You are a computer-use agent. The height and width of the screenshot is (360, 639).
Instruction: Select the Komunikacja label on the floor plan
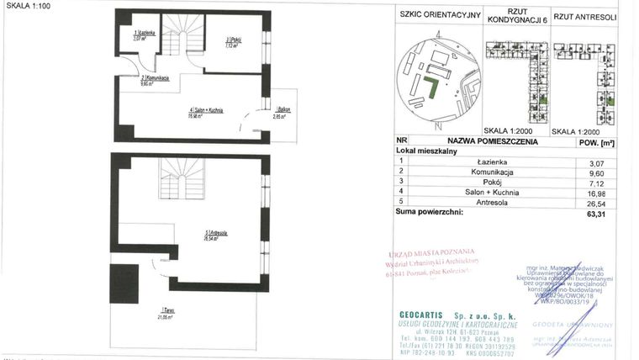tap(155, 79)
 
